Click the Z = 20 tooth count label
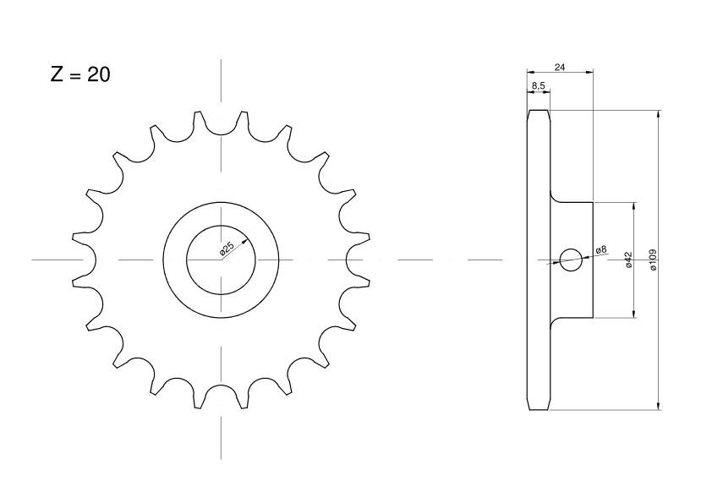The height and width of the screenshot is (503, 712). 80,74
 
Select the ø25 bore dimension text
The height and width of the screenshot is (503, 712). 227,249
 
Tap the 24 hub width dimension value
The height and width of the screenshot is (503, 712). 560,67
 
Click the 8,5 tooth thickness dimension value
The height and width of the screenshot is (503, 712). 538,85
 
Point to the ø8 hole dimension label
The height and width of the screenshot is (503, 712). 601,249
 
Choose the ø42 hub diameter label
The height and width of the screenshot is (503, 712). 629,260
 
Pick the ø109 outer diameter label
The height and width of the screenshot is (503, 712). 653,260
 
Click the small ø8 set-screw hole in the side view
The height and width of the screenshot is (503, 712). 570,260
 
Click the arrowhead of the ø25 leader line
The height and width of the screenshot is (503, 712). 246,242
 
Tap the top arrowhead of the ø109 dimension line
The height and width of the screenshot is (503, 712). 658,113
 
